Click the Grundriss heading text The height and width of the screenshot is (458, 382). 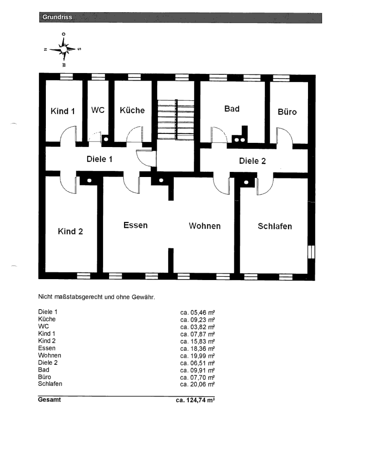[x=57, y=17]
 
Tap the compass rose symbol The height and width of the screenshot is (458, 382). [x=63, y=49]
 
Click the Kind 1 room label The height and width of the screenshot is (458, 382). [x=63, y=111]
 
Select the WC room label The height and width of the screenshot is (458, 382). [x=98, y=110]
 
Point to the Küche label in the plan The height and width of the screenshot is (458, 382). [x=132, y=110]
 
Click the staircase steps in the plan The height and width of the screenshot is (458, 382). [x=176, y=119]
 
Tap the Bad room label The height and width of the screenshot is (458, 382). [x=232, y=109]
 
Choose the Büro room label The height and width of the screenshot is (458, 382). [x=287, y=111]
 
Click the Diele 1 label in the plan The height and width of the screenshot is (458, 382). [x=99, y=159]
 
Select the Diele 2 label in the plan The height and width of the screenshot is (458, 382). [x=252, y=161]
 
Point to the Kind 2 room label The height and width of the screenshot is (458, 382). [x=70, y=231]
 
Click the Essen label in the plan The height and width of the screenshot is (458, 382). [x=135, y=225]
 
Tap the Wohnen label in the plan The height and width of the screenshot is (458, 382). [x=205, y=226]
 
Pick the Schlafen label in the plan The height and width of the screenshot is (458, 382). [x=275, y=226]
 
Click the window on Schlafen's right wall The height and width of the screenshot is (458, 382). [x=311, y=252]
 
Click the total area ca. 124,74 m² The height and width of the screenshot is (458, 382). [x=195, y=400]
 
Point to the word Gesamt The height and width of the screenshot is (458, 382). [x=49, y=399]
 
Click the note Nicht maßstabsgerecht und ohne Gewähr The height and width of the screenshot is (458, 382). [x=96, y=297]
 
